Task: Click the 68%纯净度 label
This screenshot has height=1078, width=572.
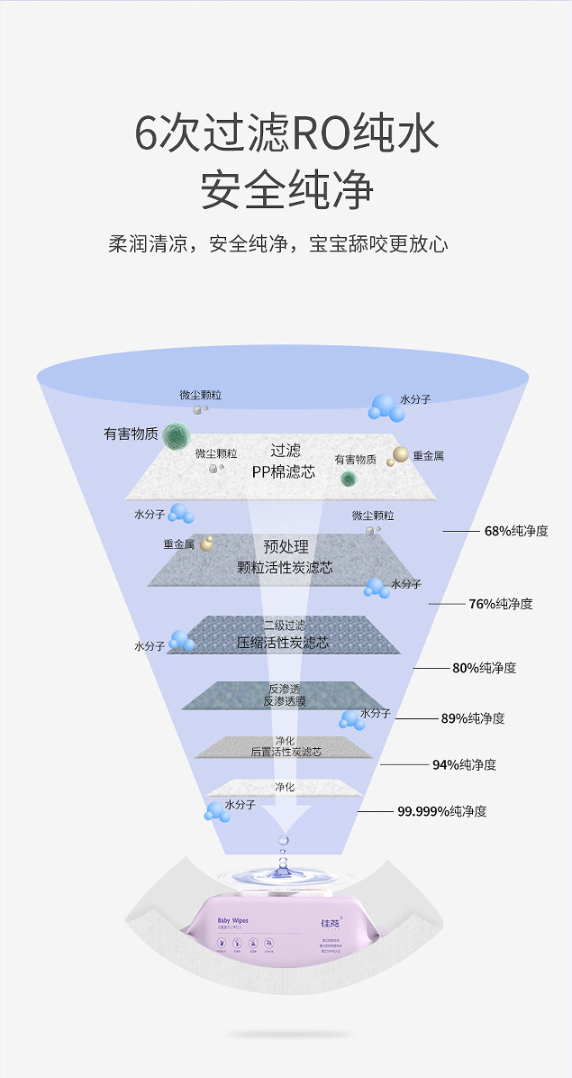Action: (515, 531)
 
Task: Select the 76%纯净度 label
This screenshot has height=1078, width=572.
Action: (500, 604)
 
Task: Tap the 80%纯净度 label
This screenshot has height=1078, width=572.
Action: (484, 668)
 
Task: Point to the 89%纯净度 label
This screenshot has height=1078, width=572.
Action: (472, 718)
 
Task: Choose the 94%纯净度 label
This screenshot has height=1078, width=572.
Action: (464, 764)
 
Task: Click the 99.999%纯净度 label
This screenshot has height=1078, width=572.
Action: (441, 811)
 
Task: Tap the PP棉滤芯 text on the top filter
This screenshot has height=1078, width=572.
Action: (284, 471)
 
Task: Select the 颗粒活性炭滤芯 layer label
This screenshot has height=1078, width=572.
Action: (285, 568)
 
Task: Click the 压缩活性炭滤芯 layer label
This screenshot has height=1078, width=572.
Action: (283, 643)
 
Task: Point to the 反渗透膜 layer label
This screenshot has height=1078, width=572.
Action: (285, 700)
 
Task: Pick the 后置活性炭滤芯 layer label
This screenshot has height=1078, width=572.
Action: (286, 751)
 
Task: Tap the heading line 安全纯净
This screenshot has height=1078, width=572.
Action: (286, 188)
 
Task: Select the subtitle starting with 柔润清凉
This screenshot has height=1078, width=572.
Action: (278, 244)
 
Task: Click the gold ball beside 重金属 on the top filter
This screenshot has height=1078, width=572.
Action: (399, 455)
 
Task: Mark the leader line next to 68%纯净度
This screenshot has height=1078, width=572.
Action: (460, 531)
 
